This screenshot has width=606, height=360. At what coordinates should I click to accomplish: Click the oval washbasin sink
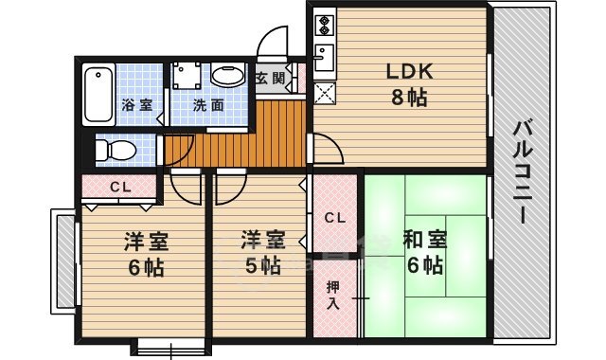coord(226,76)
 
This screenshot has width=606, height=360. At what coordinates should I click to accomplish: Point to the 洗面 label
coord(208,105)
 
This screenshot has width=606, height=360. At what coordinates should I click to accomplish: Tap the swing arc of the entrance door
coord(277,40)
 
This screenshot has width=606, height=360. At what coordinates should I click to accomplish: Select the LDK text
coord(407,71)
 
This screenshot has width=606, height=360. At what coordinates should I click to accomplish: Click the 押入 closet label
coord(334,297)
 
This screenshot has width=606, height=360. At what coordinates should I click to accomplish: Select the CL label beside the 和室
coord(334,218)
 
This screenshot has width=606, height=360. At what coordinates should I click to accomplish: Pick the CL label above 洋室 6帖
coord(118,186)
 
